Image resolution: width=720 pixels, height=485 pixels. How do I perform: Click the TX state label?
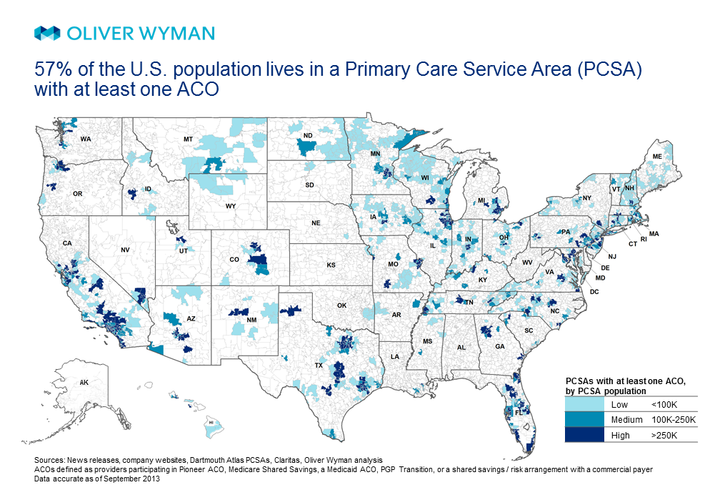pos(318,364)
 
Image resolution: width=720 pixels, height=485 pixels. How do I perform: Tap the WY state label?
pos(230,206)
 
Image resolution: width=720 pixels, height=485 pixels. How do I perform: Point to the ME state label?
pos(657,156)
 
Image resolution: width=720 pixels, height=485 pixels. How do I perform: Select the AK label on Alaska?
pos(84,383)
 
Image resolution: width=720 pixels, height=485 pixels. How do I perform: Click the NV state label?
pos(125,250)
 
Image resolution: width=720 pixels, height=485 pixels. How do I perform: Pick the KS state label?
pos(331,265)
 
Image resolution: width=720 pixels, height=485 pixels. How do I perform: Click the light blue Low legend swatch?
pos(582,405)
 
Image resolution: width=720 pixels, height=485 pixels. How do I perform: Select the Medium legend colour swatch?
pos(582,420)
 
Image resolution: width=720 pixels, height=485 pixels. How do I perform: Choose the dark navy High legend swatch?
pos(582,435)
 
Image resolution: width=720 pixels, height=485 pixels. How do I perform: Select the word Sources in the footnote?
pos(49,459)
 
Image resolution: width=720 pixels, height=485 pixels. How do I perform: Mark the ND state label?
pos(308,135)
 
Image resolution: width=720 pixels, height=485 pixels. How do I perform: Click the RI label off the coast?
pos(643,239)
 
